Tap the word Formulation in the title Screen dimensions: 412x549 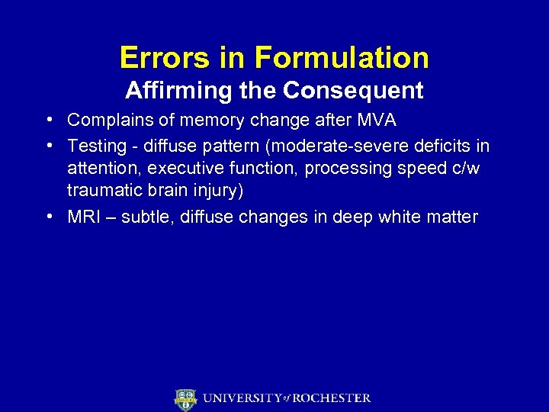pyautogui.click(x=342, y=57)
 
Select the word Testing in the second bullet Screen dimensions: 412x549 pyautogui.click(x=93, y=145)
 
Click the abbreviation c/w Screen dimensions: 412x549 pyautogui.click(x=464, y=168)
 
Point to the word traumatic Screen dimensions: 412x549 pyautogui.click(x=101, y=191)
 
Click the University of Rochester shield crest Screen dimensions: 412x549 pyautogui.click(x=185, y=399)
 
